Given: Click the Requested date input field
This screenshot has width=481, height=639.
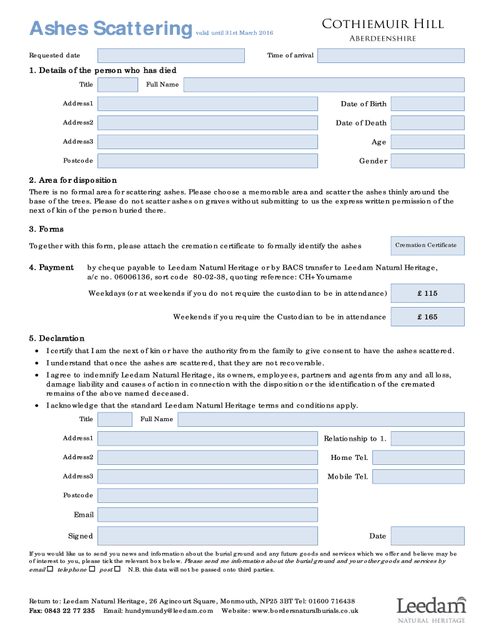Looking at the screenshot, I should click(171, 56).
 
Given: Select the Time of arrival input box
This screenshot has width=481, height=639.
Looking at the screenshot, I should click(390, 56).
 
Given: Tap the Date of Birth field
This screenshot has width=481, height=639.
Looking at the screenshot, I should click(428, 104).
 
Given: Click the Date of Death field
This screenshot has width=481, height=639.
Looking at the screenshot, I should click(428, 123).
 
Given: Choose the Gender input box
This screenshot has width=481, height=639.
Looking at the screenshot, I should click(428, 161).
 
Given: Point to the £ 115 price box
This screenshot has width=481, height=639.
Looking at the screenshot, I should click(428, 293).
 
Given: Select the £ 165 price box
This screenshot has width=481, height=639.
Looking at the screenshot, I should click(428, 317).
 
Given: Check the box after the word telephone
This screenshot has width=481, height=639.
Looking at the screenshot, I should click(92, 569).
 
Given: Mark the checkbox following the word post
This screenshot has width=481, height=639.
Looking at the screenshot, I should click(118, 569).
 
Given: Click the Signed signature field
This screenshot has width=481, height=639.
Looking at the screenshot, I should click(207, 535).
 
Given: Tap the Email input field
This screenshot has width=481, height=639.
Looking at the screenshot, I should click(207, 515).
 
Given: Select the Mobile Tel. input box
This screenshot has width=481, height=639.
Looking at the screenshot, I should click(419, 477).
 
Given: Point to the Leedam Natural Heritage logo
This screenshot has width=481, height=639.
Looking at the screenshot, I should click(431, 608).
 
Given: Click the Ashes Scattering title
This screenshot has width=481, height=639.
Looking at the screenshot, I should click(111, 29).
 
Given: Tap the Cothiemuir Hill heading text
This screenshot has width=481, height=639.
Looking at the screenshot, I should click(382, 24).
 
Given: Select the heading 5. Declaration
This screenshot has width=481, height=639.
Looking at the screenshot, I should click(57, 338).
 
